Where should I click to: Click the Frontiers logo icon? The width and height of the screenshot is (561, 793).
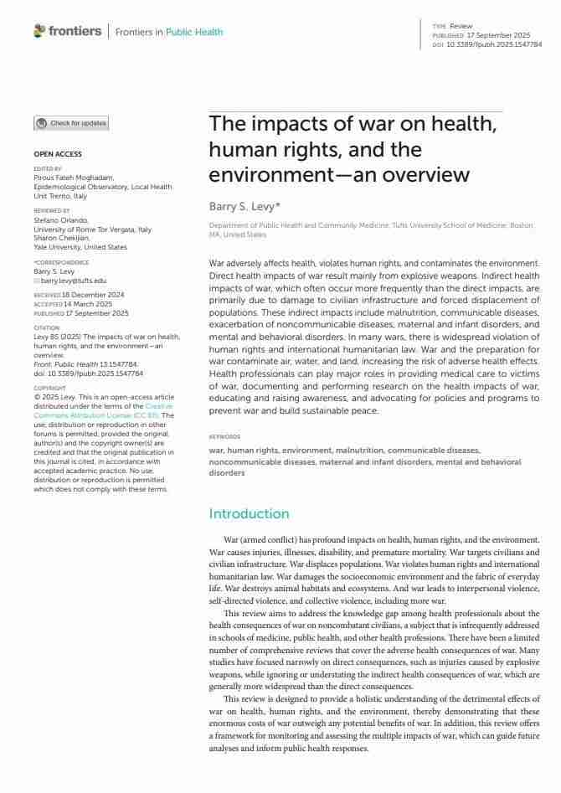pos(39,31)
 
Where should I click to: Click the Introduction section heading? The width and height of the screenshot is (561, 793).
pos(249,513)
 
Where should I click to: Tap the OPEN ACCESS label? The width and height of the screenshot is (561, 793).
pos(58,154)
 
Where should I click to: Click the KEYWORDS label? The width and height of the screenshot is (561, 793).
pos(224,437)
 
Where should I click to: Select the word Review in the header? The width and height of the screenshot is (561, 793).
pos(461,27)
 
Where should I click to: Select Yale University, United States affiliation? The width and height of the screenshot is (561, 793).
pos(80,247)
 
